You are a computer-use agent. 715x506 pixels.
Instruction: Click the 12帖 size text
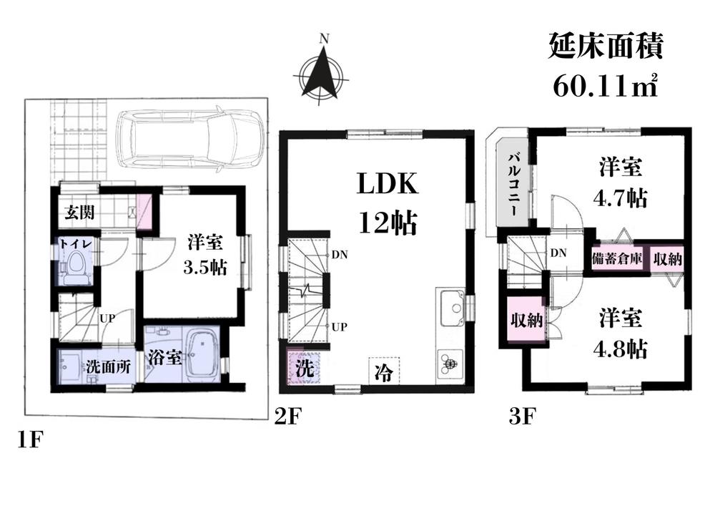point(388,223)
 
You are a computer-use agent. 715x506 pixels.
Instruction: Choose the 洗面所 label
point(107,368)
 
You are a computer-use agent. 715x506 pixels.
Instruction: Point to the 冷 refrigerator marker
point(384,372)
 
